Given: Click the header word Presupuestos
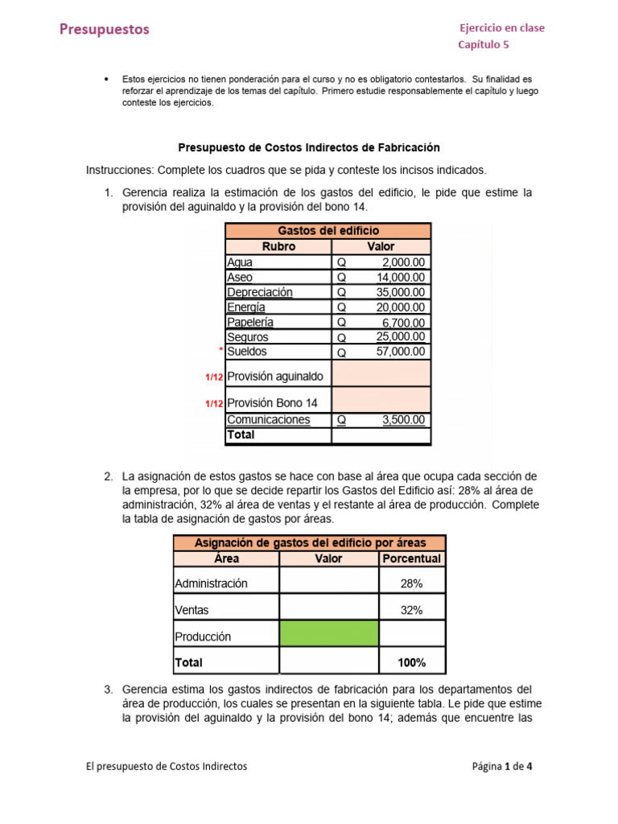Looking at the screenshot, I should tap(105, 30).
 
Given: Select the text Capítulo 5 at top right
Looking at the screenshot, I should tap(484, 45).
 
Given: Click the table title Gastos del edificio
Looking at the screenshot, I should tap(328, 231).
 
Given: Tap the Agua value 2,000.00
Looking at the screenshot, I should tap(402, 262).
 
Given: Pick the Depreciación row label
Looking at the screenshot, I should tap(260, 292).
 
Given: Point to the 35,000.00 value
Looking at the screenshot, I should tap(401, 292).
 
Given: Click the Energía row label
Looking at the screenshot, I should tap(246, 307).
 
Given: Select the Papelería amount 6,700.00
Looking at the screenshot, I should tap(404, 322).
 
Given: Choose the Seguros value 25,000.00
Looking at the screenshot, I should tap(401, 337).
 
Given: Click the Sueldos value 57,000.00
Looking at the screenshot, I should tap(401, 352).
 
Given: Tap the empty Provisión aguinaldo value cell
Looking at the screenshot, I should tap(381, 375).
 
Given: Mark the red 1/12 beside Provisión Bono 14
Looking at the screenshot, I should tap(214, 404).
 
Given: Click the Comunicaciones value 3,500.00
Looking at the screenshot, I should tap(404, 420).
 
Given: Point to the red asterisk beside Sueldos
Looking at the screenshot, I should tap(220, 351).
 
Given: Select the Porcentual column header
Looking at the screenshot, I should tap(411, 558).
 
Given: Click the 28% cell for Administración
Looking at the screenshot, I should tap(411, 583).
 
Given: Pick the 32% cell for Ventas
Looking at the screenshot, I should tap(411, 610).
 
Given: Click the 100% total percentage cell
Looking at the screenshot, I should tap(411, 663).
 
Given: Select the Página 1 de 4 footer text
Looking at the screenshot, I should tap(501, 766).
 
